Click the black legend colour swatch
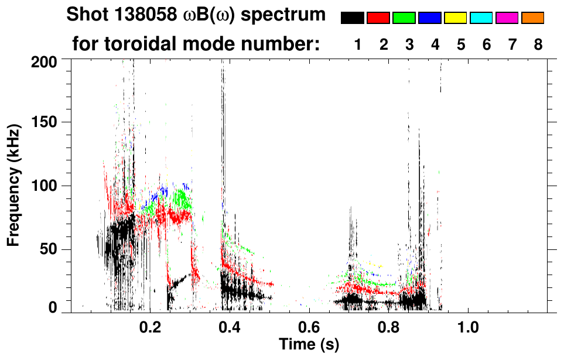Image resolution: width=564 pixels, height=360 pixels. [353, 18]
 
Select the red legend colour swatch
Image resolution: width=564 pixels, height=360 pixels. [378, 18]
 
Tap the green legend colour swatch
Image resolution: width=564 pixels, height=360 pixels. [404, 18]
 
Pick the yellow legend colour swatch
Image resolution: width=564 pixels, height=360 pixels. [456, 18]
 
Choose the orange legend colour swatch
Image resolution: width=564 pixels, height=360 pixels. [532, 18]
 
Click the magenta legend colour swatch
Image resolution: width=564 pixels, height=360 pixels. [507, 18]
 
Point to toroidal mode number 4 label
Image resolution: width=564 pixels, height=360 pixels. [435, 44]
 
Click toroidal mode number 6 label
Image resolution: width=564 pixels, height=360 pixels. [487, 44]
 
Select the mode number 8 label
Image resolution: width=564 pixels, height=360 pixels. [538, 44]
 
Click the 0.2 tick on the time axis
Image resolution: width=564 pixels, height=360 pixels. [150, 325]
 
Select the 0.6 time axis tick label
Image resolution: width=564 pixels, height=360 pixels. [309, 325]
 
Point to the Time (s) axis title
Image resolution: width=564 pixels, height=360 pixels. [309, 345]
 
